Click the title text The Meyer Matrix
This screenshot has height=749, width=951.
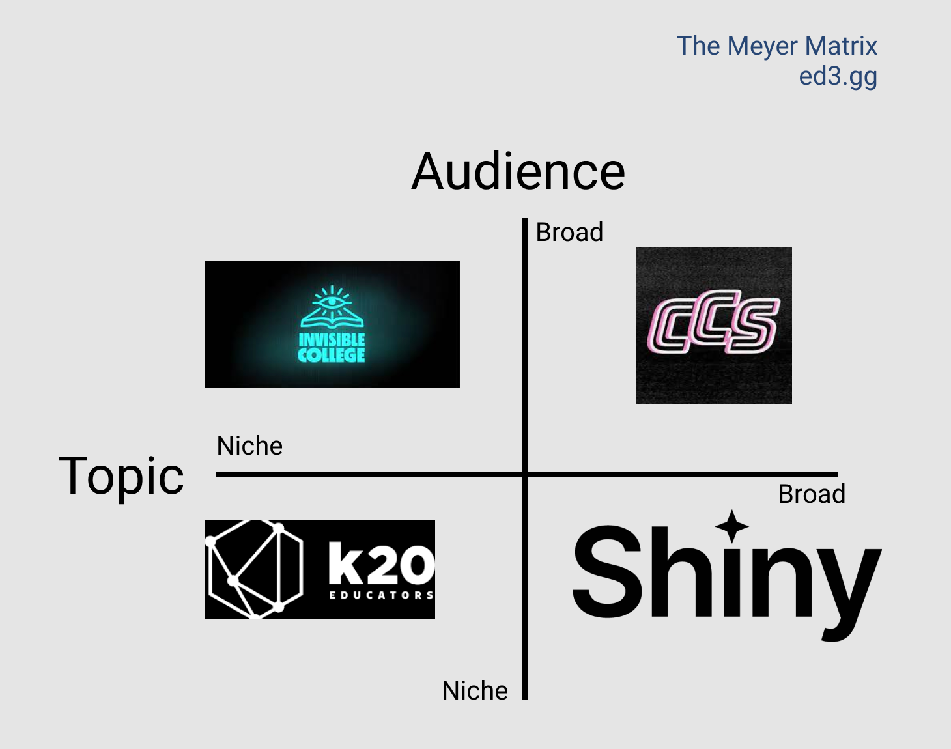pos(777,46)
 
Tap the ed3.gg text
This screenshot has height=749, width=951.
pos(838,77)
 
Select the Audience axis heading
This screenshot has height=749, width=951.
pos(518,171)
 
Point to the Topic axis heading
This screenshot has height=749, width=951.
pos(121,477)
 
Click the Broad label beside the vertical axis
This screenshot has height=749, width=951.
pos(569,233)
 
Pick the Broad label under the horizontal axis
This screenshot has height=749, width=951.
pos(812,494)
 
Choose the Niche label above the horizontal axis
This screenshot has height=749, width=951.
pos(249,446)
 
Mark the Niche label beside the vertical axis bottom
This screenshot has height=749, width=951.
pos(475,690)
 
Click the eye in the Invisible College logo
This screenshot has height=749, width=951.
pos(332,302)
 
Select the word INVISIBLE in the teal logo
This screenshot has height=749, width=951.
pos(332,340)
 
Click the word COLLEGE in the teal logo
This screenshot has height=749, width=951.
pos(332,355)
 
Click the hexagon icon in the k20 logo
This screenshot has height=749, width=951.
pos(255,569)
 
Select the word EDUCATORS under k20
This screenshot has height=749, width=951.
pos(382,595)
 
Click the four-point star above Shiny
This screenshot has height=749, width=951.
pos(731,526)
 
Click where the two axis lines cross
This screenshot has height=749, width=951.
pos(525,474)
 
